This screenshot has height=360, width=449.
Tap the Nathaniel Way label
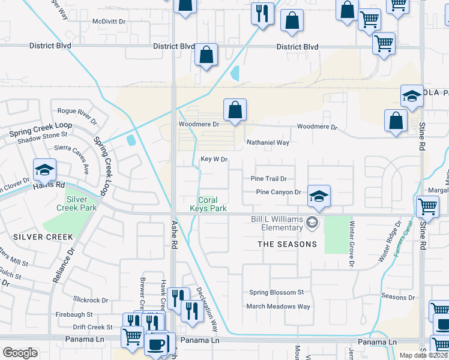coord(268,143)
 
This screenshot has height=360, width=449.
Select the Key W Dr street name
coord(214,160)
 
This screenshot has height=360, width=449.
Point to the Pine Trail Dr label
coord(269,179)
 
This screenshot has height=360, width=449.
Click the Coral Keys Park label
coord(212,204)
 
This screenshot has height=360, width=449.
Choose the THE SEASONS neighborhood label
coord(287,244)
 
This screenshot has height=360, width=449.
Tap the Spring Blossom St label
coord(277,293)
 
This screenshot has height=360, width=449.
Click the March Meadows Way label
coord(279,307)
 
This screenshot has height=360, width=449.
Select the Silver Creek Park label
coord(81,203)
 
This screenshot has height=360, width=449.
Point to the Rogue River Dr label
coord(77,112)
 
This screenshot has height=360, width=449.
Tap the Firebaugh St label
coord(74,314)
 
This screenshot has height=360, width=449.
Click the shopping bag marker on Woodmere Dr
coord(235,110)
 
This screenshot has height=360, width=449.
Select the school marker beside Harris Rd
coord(45,170)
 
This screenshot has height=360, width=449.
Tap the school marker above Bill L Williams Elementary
coord(319,196)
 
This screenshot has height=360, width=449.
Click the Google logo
coord(20,353)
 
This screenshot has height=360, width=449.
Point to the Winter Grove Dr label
coord(352,243)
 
